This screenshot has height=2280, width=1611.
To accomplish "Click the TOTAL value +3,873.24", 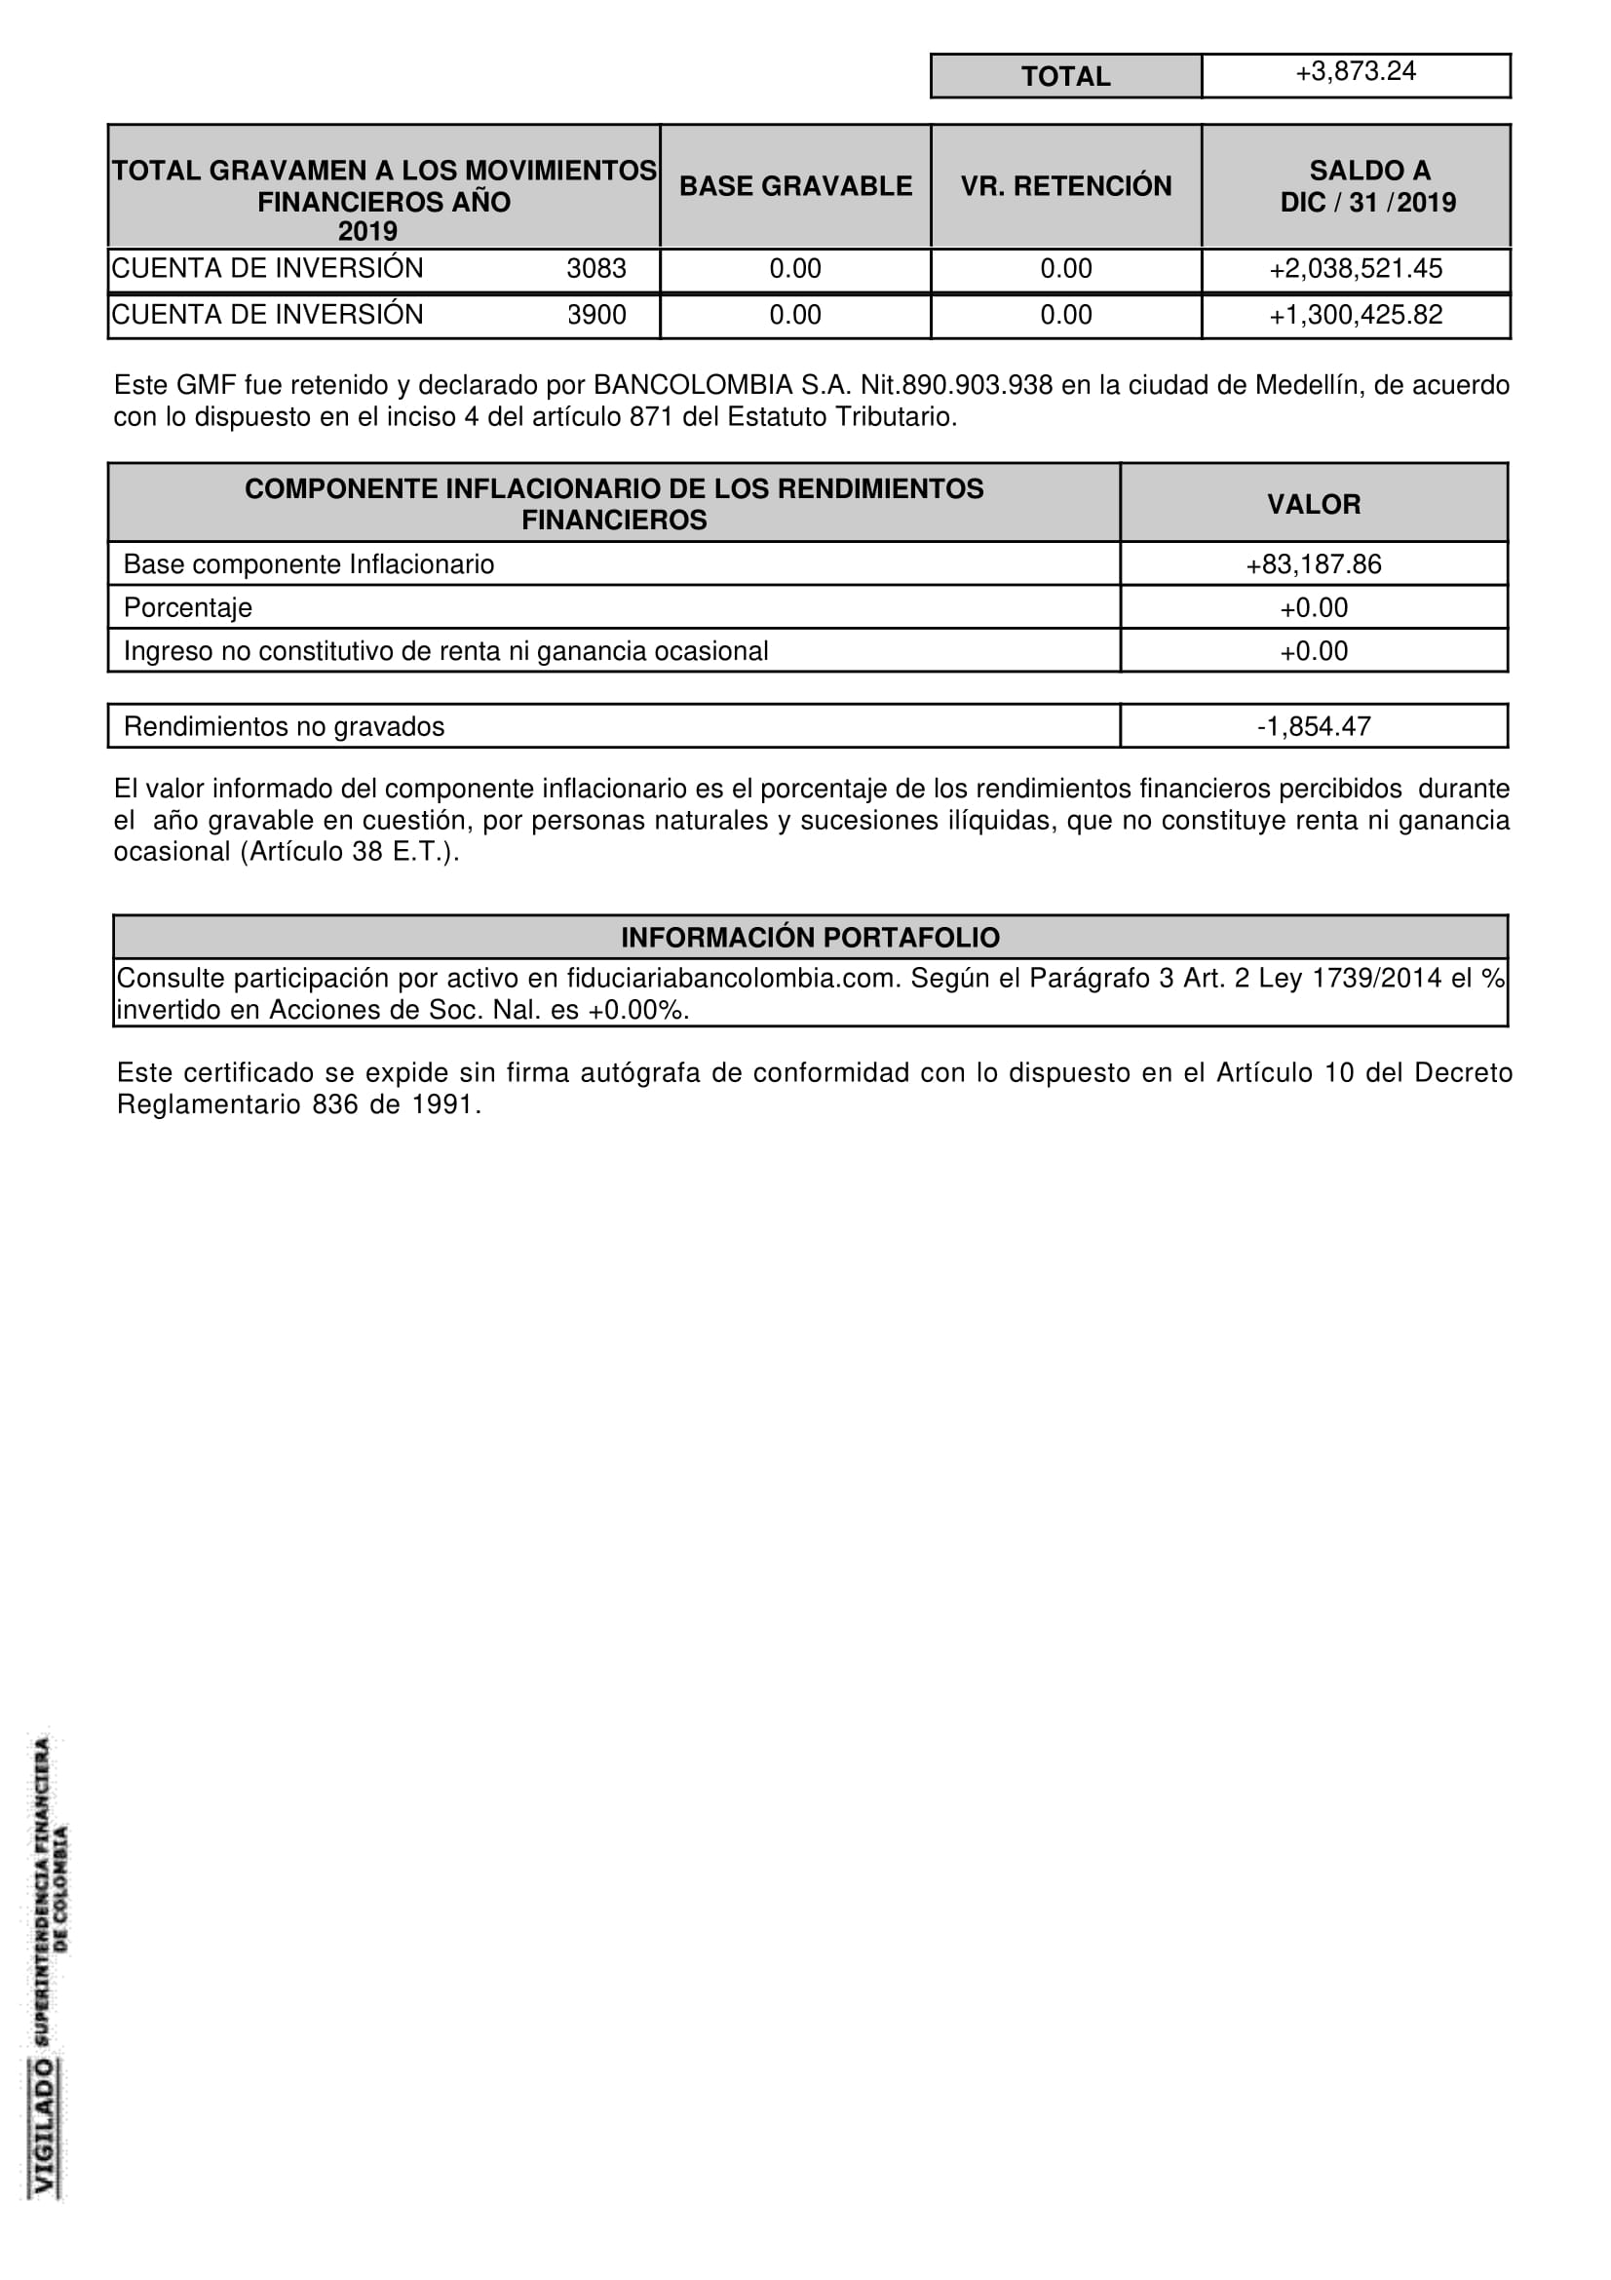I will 1355,71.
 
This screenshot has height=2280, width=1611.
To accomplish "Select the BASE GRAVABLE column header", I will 795,186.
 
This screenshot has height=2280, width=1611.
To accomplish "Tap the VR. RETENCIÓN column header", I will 1065,186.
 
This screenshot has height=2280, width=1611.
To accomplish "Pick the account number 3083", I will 595,268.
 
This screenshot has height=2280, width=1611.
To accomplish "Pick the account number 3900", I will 595,315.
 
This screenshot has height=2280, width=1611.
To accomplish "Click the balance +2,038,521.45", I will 1355,268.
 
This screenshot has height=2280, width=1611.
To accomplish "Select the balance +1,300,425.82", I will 1355,315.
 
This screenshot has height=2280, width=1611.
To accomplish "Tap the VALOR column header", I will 1313,505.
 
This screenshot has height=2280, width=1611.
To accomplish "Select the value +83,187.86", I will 1313,564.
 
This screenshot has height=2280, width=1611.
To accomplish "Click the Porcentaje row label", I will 187,607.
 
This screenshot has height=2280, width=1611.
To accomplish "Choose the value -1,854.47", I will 1313,727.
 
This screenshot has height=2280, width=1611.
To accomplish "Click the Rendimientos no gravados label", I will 284,727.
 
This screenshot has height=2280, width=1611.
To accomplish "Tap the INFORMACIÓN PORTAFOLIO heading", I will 810,938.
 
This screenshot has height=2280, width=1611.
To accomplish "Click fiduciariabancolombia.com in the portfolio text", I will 733,978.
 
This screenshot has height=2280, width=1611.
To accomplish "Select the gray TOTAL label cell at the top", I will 1065,76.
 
